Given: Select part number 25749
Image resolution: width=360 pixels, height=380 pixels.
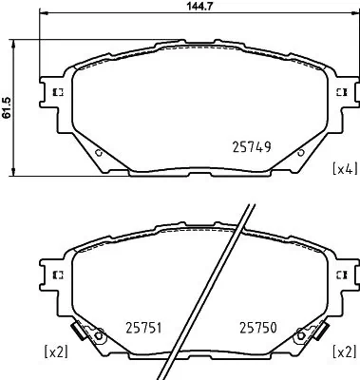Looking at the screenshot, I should (252, 147).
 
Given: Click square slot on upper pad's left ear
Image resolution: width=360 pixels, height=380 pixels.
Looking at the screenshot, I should (56, 92).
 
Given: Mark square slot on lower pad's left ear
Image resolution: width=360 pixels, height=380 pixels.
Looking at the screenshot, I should (56, 274).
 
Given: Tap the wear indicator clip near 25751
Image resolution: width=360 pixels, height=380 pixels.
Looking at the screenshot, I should (94, 334).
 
